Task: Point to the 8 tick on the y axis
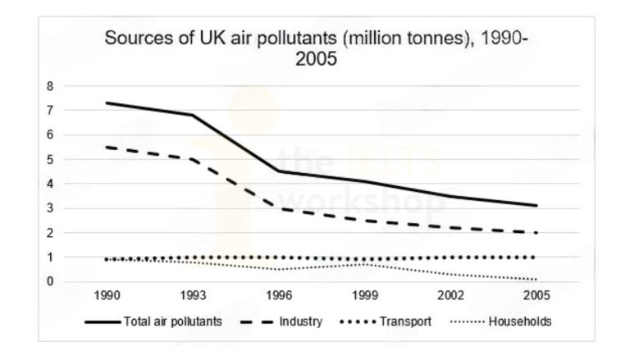coord(73,85)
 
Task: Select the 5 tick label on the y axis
coord(73,159)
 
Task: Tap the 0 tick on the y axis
coord(73,282)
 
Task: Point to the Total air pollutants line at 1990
coord(107,103)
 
